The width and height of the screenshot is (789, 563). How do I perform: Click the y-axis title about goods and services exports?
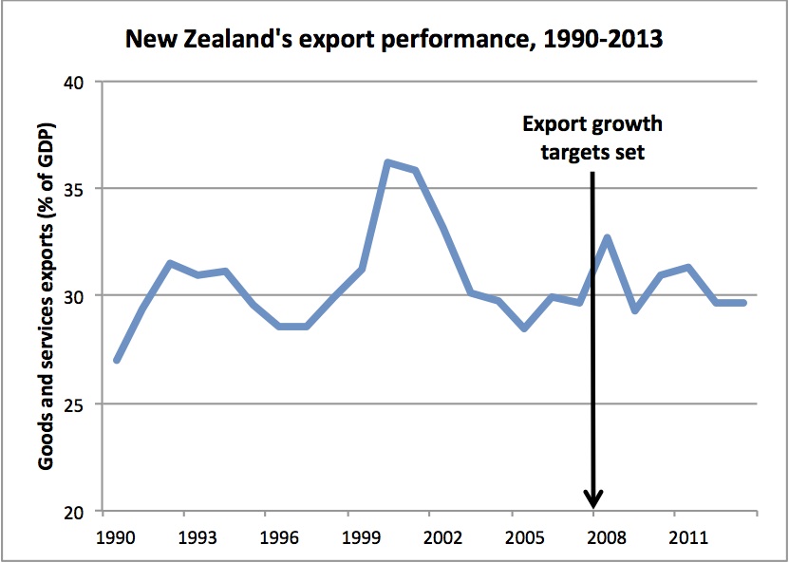[46, 296]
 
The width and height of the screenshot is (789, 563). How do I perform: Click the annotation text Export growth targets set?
[592, 139]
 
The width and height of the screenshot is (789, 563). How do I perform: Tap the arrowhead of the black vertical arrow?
[593, 500]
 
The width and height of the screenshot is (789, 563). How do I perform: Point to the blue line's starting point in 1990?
[117, 360]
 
